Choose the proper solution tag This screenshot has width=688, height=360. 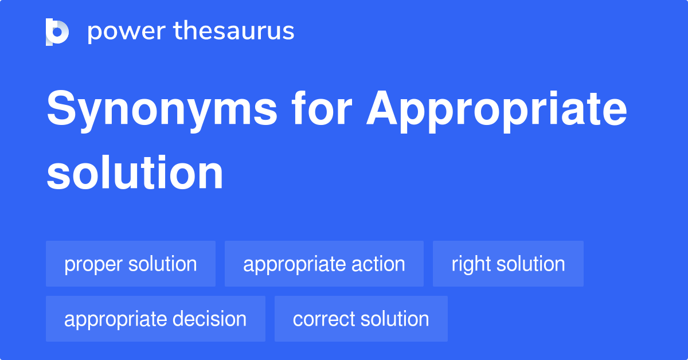point(131,264)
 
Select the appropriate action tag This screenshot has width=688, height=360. point(324,264)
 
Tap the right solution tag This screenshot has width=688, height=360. point(508,264)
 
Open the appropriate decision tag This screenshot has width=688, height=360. point(155,319)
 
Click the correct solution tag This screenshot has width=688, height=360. point(361,319)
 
